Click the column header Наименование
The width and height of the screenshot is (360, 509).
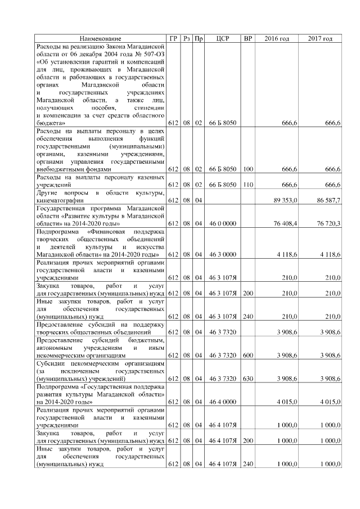tap(100, 38)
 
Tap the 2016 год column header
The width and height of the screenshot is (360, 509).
tap(277, 38)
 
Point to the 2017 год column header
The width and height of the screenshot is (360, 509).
tap(320, 38)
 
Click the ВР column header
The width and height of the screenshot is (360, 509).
tap(247, 38)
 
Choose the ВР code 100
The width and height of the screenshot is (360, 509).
tap(247, 168)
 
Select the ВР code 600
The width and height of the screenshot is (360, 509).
tap(247, 356)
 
